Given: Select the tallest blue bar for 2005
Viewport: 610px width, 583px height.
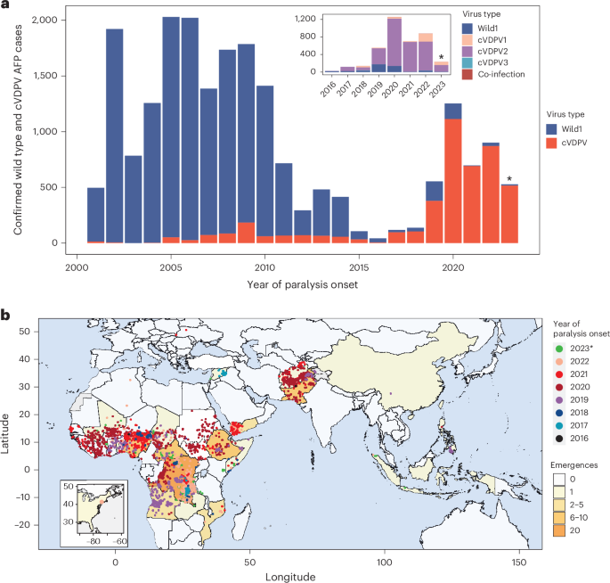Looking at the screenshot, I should [x=171, y=125].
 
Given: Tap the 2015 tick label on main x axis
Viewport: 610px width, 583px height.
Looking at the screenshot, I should [x=357, y=265].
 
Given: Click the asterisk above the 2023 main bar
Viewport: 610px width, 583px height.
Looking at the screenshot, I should [x=509, y=180].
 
